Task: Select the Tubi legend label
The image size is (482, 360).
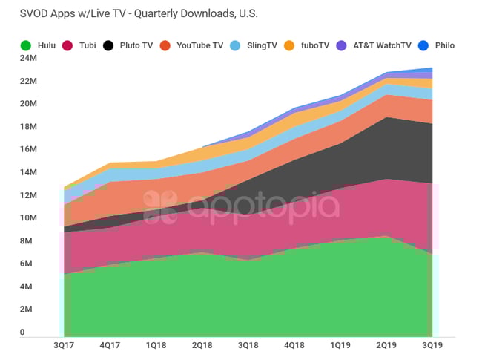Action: pyautogui.click(x=87, y=45)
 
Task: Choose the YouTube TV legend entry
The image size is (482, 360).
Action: pyautogui.click(x=199, y=45)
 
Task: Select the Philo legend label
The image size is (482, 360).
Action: pyautogui.click(x=445, y=45)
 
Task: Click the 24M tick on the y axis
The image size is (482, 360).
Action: pyautogui.click(x=27, y=58)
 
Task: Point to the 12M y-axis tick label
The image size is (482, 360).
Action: pyautogui.click(x=27, y=195)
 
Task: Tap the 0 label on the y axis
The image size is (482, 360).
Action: pyautogui.click(x=22, y=333)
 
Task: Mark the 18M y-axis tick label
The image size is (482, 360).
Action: pyautogui.click(x=27, y=126)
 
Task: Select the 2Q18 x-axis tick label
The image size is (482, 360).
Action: pyautogui.click(x=203, y=346)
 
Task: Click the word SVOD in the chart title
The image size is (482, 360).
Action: pyautogui.click(x=24, y=14)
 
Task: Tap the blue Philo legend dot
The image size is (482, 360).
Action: pyautogui.click(x=423, y=45)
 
